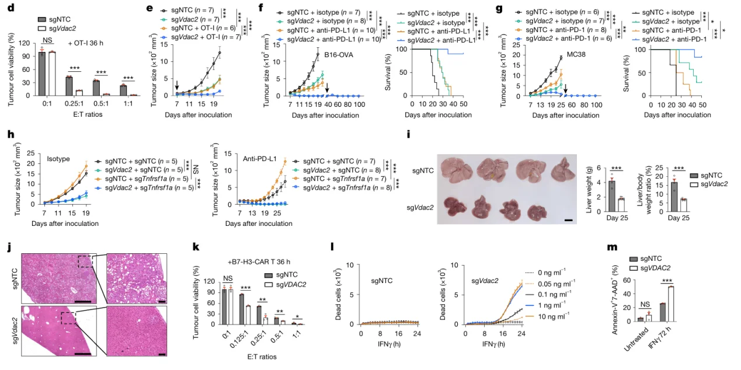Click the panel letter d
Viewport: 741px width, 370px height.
(9, 8)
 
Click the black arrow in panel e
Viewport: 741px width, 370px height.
(176, 86)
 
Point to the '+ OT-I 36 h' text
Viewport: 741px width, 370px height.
(85, 43)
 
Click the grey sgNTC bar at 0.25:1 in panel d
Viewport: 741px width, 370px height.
(68, 86)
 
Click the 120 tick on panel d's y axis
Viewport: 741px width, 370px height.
(25, 43)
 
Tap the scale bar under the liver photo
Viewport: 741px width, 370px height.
(568, 221)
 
